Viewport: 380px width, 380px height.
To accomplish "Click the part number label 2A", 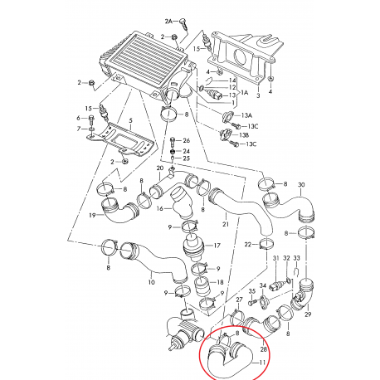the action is coord(168,21).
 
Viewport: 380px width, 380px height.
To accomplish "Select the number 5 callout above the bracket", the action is coord(131,120).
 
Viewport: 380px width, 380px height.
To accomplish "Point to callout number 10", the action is coord(152,282).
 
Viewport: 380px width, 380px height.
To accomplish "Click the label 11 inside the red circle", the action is coord(262,363).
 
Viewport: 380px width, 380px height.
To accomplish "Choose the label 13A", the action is coord(246,115).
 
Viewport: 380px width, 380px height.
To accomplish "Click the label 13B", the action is coord(243,135).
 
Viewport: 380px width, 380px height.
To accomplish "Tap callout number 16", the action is coord(160,208).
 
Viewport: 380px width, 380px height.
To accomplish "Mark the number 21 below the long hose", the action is coord(226,224).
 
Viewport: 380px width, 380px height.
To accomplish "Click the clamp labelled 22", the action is coord(266,244).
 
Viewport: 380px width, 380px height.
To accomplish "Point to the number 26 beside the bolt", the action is coord(187,141).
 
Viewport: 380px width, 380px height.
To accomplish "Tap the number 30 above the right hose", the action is coord(301,185).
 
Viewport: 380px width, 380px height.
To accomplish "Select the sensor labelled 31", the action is coord(279,285).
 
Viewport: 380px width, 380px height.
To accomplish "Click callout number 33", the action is coord(296,258).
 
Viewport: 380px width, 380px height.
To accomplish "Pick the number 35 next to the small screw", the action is coord(252,291).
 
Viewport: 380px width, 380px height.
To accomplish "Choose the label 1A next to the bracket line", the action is coord(245,93).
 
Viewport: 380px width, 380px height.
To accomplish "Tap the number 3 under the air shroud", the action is coord(258,95).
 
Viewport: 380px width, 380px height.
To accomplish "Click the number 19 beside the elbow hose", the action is coord(92,215).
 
